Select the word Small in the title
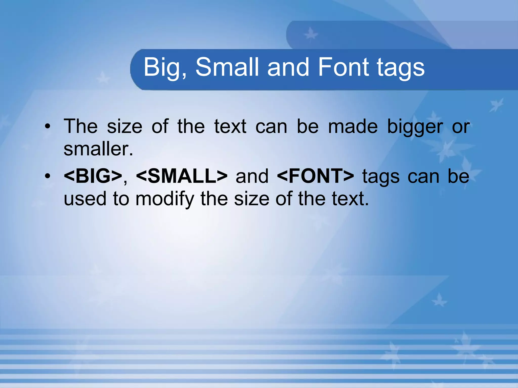pyautogui.click(x=227, y=67)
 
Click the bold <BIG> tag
pyautogui.click(x=93, y=176)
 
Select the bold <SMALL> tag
pyautogui.click(x=182, y=176)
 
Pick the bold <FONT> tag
pyautogui.click(x=315, y=176)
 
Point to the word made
pyautogui.click(x=353, y=126)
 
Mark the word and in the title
pyautogui.click(x=288, y=67)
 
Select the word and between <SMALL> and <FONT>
pyautogui.click(x=252, y=176)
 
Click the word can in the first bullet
pyautogui.click(x=271, y=127)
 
